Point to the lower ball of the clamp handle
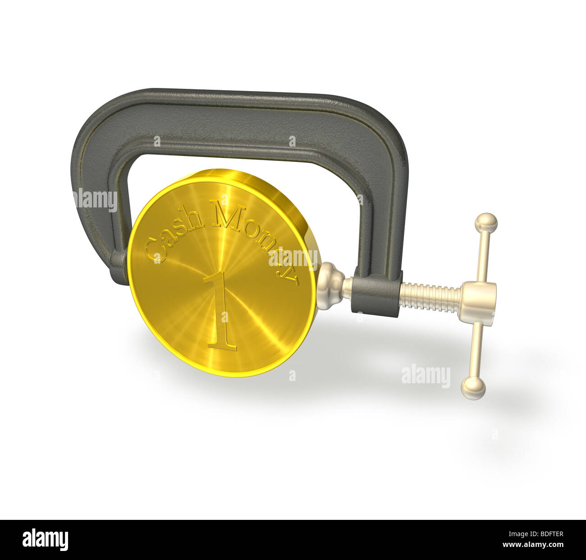[473, 388]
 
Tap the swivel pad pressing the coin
[330, 286]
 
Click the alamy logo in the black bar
[45, 539]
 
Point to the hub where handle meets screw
[478, 295]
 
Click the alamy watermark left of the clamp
[95, 200]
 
